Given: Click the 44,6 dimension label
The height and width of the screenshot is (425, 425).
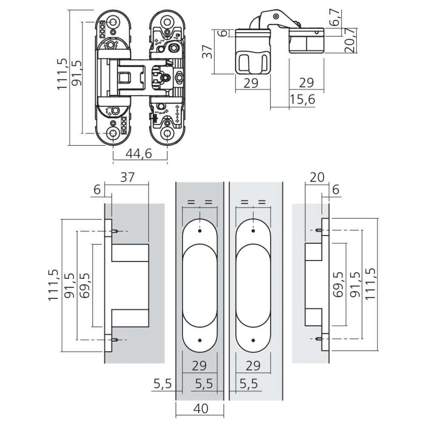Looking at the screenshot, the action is pyautogui.click(x=139, y=154).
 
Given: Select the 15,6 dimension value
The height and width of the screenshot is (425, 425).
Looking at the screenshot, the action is pyautogui.click(x=303, y=99).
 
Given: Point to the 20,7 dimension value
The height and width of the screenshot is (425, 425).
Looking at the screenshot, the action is pyautogui.click(x=351, y=40).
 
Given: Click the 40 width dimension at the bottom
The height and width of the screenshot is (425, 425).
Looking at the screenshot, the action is pyautogui.click(x=201, y=408).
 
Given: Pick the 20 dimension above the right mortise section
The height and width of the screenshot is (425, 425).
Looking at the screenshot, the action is pyautogui.click(x=317, y=177).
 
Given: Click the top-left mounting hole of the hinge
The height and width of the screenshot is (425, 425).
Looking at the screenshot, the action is pyautogui.click(x=113, y=21).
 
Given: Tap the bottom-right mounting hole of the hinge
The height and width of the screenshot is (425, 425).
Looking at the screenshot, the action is pyautogui.click(x=167, y=133).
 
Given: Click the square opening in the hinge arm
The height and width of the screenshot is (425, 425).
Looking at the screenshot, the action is pyautogui.click(x=125, y=77).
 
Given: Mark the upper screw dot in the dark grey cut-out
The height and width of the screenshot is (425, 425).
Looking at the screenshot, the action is pyautogui.click(x=200, y=231).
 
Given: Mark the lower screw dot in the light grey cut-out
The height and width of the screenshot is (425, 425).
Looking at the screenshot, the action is pyautogui.click(x=253, y=340).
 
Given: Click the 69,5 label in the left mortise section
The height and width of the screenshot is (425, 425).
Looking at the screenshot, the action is pyautogui.click(x=85, y=285).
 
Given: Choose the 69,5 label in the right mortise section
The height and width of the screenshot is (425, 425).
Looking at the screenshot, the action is pyautogui.click(x=338, y=285).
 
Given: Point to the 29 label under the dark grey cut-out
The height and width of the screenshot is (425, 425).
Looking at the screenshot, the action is pyautogui.click(x=199, y=366).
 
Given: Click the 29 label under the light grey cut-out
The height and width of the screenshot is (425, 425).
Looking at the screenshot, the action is pyautogui.click(x=253, y=366).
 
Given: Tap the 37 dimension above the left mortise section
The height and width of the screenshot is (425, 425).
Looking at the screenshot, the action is pyautogui.click(x=127, y=177).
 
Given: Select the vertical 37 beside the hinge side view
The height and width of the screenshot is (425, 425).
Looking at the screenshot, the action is pyautogui.click(x=208, y=51).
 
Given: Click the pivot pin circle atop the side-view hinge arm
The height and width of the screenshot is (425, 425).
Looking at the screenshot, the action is pyautogui.click(x=276, y=16).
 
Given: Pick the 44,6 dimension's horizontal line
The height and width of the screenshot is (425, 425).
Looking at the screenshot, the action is pyautogui.click(x=140, y=160).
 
